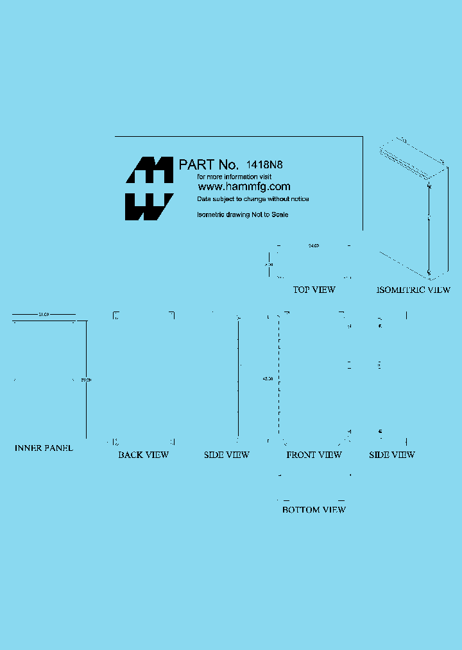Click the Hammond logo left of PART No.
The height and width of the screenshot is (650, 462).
pyautogui.click(x=149, y=189)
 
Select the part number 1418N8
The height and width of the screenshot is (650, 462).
pyautogui.click(x=264, y=164)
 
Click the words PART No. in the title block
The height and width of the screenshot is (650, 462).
pyautogui.click(x=209, y=165)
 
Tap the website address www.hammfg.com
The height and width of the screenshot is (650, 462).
pyautogui.click(x=243, y=187)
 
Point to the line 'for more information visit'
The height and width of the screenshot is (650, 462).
pyautogui.click(x=234, y=176)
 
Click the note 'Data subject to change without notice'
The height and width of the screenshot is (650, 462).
pyautogui.click(x=253, y=199)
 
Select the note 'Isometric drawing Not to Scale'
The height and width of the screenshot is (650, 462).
pyautogui.click(x=243, y=215)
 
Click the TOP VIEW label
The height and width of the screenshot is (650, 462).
pyautogui.click(x=314, y=290)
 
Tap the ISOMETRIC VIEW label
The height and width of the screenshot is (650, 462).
pyautogui.click(x=413, y=290)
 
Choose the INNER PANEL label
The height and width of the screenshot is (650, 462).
pyautogui.click(x=44, y=448)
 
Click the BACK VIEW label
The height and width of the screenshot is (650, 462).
pyautogui.click(x=143, y=455)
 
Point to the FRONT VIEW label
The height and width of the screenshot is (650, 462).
pyautogui.click(x=314, y=455)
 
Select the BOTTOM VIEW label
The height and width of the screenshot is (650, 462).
pyautogui.click(x=314, y=509)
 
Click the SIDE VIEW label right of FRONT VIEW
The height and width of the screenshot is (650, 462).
pyautogui.click(x=391, y=455)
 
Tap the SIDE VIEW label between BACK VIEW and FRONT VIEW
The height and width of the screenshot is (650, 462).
pyautogui.click(x=227, y=455)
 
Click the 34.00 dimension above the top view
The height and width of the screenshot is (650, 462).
pyautogui.click(x=314, y=245)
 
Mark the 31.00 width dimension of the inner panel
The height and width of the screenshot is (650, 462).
pyautogui.click(x=44, y=315)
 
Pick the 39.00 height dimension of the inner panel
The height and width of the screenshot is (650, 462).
pyautogui.click(x=86, y=380)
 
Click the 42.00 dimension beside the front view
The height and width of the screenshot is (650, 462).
pyautogui.click(x=268, y=379)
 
